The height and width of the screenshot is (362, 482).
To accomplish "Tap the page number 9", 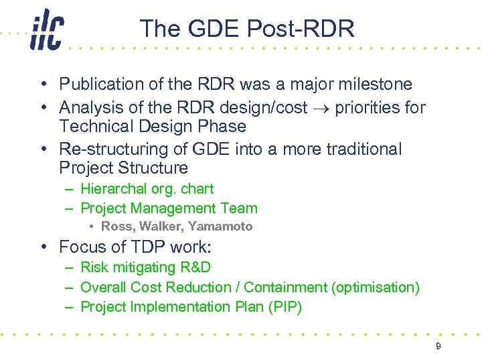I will (x=438, y=346).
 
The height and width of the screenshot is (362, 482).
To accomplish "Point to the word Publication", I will (x=97, y=84).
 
